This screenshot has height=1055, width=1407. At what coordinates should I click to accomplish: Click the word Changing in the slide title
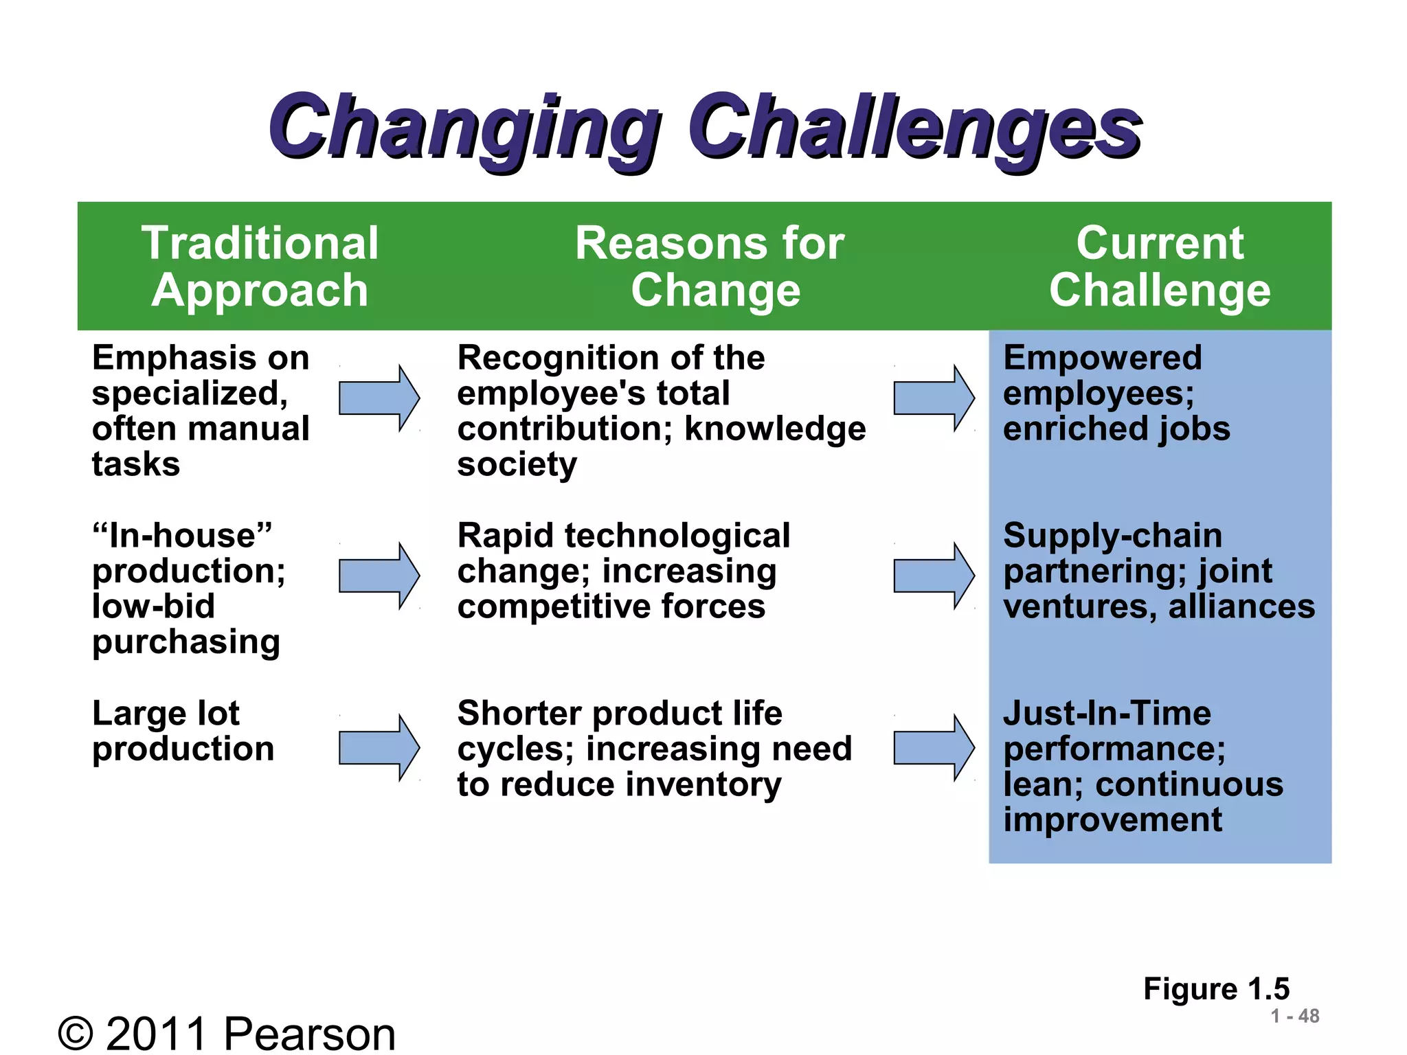point(462,129)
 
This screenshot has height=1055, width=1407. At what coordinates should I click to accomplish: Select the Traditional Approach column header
point(260,266)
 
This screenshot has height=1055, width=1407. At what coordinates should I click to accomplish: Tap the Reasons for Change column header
point(710,266)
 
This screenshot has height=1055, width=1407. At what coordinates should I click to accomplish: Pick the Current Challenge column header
point(1160,266)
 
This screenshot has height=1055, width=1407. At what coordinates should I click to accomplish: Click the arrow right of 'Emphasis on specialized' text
point(379,398)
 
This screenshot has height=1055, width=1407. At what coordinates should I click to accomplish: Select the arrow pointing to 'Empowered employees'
point(934,398)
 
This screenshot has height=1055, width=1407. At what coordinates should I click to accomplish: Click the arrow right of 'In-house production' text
point(379,576)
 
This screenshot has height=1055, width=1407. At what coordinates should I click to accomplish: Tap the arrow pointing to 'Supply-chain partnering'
point(934,576)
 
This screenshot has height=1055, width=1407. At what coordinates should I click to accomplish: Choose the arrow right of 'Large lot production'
point(379,747)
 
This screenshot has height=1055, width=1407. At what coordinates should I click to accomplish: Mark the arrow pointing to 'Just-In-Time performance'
point(934,747)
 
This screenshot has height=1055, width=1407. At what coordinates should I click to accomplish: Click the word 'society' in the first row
point(517,465)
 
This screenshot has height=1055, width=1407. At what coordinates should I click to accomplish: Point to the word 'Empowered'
point(1102,358)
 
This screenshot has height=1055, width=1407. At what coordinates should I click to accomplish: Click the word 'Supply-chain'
point(1112,536)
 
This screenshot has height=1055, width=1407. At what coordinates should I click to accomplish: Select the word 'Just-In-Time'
point(1107,713)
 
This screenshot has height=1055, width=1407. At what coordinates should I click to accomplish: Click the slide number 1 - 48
point(1294,1016)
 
